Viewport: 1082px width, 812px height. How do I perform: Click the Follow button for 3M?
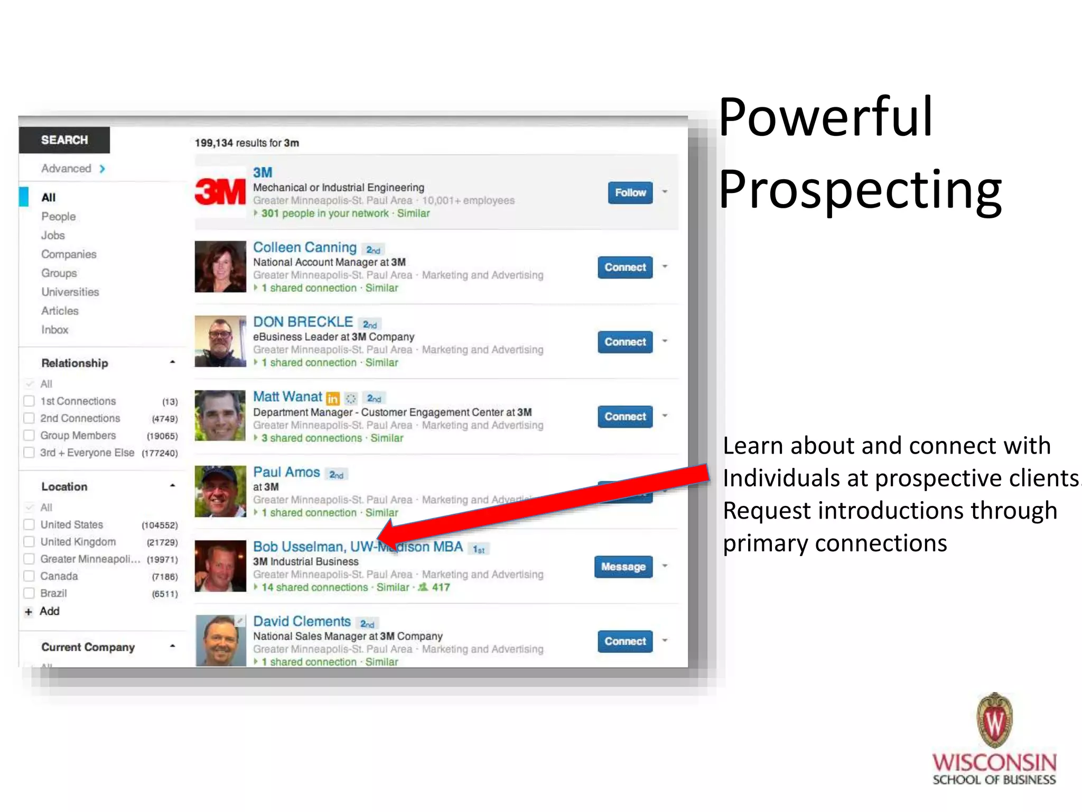pyautogui.click(x=630, y=192)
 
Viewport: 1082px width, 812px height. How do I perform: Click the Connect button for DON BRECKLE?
pyautogui.click(x=624, y=342)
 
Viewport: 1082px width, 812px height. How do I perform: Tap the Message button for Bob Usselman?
pyautogui.click(x=623, y=567)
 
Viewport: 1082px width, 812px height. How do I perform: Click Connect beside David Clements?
pyautogui.click(x=624, y=641)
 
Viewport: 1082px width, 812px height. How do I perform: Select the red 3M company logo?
pyautogui.click(x=220, y=191)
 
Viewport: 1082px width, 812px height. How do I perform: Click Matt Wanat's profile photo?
pyautogui.click(x=220, y=416)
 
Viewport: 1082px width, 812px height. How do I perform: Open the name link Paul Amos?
pyautogui.click(x=286, y=472)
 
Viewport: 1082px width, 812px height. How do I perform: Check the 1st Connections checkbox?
pyautogui.click(x=29, y=401)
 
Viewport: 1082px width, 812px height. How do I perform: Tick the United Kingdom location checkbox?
pyautogui.click(x=29, y=542)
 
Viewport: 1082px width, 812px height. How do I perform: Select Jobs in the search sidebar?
pyautogui.click(x=53, y=235)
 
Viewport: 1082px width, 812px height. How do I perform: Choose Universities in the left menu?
pyautogui.click(x=70, y=292)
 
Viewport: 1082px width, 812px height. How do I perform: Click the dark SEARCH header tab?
pyautogui.click(x=64, y=140)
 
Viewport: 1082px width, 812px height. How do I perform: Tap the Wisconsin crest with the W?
pyautogui.click(x=994, y=720)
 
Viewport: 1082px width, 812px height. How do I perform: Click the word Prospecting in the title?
pyautogui.click(x=860, y=189)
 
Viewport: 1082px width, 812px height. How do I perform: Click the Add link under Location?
pyautogui.click(x=49, y=611)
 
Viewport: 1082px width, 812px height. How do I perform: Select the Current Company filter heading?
pyautogui.click(x=88, y=647)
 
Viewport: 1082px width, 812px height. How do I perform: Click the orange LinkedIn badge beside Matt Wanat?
pyautogui.click(x=332, y=398)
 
